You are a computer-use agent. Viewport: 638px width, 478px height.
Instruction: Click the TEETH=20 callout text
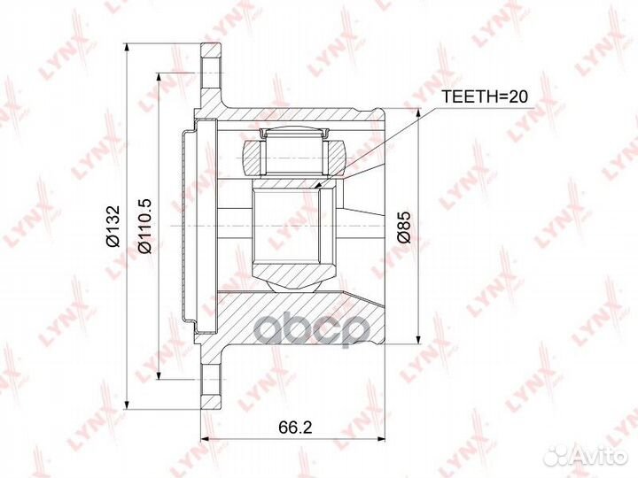484,96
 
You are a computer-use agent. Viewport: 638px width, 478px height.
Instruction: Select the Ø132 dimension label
113,226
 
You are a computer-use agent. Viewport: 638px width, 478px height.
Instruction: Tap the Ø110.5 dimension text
144,226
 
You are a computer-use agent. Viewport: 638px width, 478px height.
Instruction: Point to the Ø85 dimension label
405,227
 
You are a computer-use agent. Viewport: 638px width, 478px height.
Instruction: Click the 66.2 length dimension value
295,427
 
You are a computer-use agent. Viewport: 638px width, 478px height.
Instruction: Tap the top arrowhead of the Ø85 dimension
418,112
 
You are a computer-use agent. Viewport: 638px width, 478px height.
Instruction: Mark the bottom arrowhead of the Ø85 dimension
418,340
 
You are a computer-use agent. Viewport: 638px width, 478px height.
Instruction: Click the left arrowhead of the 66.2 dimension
206,439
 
